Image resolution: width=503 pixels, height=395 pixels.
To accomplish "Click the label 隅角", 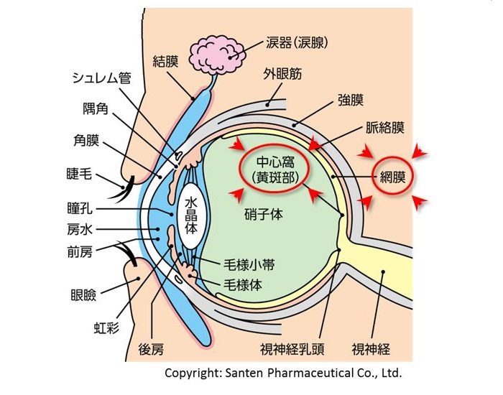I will (x=93, y=108).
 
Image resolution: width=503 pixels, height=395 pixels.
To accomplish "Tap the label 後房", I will (x=150, y=350).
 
